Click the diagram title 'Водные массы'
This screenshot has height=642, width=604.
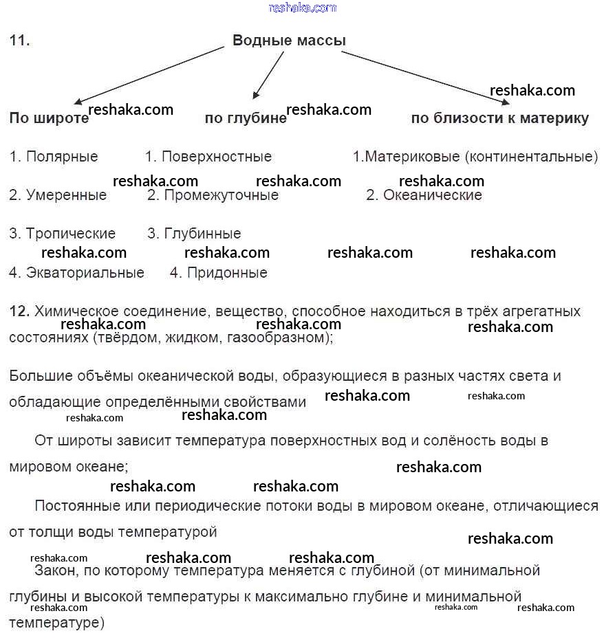(289, 41)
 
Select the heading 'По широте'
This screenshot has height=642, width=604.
(49, 118)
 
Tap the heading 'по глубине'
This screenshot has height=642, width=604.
(246, 118)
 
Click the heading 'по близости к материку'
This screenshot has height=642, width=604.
(499, 118)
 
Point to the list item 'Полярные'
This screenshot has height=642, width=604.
(62, 157)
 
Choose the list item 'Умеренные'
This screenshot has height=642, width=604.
(66, 195)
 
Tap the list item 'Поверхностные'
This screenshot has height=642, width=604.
(216, 157)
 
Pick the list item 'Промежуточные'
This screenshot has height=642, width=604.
(221, 195)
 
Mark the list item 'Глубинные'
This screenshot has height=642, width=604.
(202, 234)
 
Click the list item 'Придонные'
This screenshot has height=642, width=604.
(227, 273)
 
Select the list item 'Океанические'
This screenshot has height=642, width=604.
(432, 195)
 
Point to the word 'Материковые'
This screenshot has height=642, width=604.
(413, 157)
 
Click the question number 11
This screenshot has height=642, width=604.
(19, 41)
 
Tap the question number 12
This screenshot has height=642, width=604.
(19, 311)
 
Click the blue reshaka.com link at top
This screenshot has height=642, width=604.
(303, 8)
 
